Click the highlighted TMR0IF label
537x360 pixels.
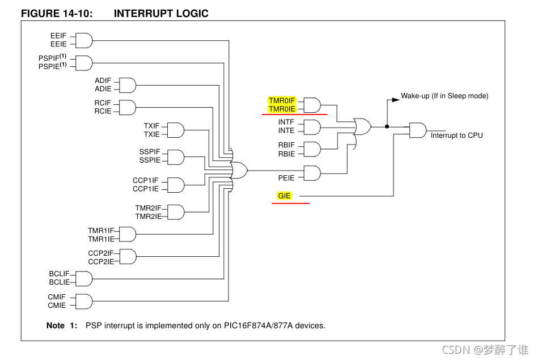pos(282,100)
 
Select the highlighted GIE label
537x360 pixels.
pos(284,196)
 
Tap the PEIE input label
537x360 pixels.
pos(286,177)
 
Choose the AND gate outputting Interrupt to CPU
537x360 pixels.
pos(418,130)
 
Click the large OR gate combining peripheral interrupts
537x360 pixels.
pos(239,170)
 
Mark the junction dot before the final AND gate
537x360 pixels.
pos(387,126)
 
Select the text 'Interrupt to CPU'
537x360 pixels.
pos(456,135)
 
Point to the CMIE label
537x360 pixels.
pos(57,305)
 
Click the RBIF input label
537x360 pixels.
pos(286,145)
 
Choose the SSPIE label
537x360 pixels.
pos(150,160)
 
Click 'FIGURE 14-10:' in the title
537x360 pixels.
pos(56,14)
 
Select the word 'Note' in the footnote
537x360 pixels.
pos(56,325)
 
